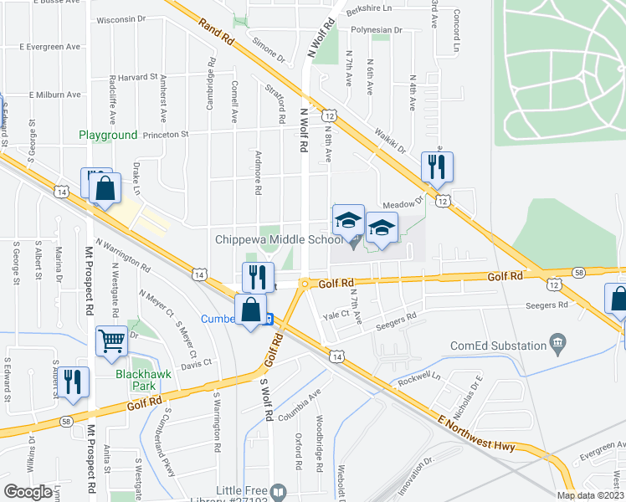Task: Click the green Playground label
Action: (x=108, y=135)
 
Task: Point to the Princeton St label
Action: (x=166, y=134)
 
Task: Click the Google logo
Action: (x=28, y=491)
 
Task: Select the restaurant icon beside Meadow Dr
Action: (x=436, y=166)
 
